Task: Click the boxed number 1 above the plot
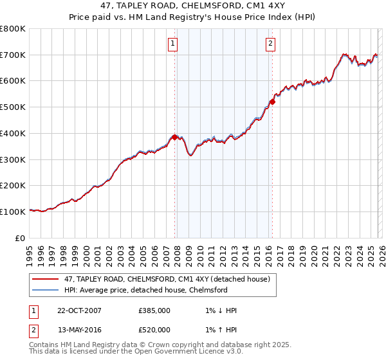click(x=174, y=44)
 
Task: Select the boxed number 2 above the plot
click(x=270, y=44)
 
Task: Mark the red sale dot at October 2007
click(x=174, y=137)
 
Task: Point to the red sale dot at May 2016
click(x=272, y=102)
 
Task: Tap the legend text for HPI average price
click(x=146, y=290)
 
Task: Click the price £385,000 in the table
click(x=154, y=310)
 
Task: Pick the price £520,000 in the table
click(x=154, y=330)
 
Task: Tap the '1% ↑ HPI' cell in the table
click(x=218, y=330)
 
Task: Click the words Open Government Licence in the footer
click(x=182, y=352)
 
